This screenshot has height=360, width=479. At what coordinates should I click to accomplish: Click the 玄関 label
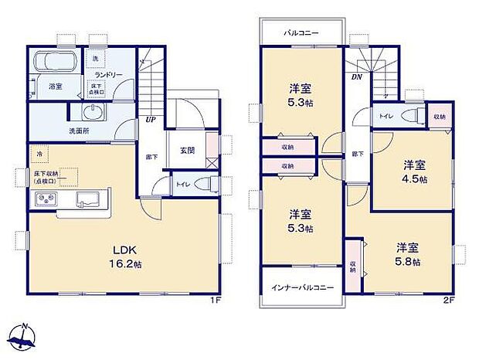click(x=187, y=150)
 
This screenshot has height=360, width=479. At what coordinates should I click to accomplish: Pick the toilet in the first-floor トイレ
click(x=203, y=185)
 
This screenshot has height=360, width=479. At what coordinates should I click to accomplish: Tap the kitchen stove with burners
click(x=44, y=201)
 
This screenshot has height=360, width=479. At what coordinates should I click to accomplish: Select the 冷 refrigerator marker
click(x=39, y=154)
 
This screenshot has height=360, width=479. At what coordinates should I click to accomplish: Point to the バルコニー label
click(x=300, y=34)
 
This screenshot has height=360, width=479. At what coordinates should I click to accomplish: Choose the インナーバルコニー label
click(x=302, y=287)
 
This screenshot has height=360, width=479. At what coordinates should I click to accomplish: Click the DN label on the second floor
click(x=357, y=78)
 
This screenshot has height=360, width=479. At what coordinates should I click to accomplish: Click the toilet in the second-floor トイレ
click(x=413, y=116)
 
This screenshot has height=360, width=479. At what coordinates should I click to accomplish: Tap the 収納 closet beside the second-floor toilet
click(x=439, y=117)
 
